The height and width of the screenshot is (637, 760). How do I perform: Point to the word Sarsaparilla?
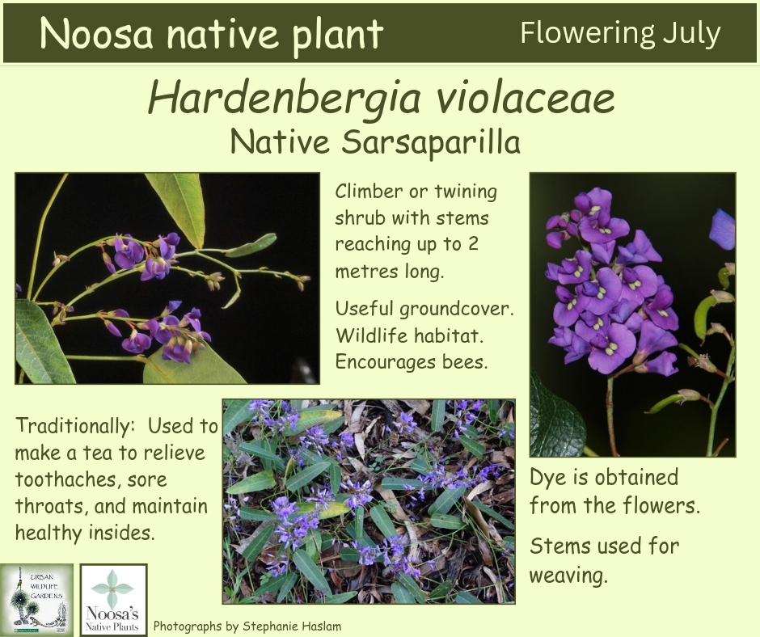431,142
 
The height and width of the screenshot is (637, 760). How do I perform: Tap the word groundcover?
456,310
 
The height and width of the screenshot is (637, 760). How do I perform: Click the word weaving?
568,576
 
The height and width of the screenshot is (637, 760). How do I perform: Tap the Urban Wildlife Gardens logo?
36,600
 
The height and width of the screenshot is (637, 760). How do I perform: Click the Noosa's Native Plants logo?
113,600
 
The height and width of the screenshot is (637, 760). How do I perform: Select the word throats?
52,506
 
